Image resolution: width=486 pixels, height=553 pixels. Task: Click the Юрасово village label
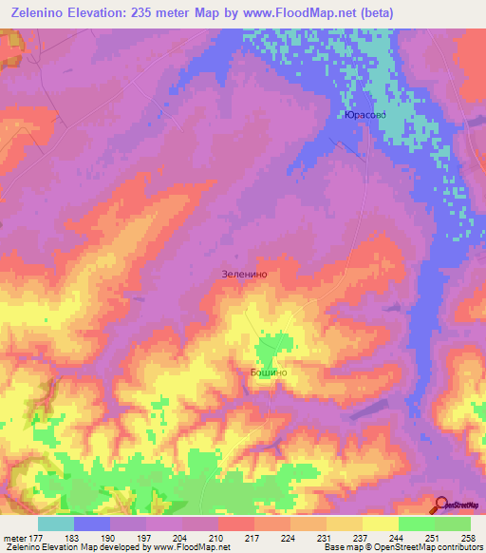pos(364,116)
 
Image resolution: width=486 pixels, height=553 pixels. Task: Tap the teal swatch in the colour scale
pos(56,524)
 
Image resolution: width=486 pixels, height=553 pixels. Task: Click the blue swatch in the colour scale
pos(92,524)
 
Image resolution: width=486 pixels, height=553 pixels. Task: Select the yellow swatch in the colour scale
pos(380,524)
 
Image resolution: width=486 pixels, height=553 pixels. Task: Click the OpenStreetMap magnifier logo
pos(440,504)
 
